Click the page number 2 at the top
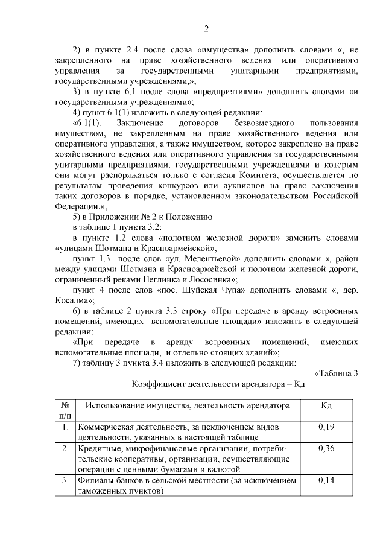tap(206, 28)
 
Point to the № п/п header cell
tap(65, 410)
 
